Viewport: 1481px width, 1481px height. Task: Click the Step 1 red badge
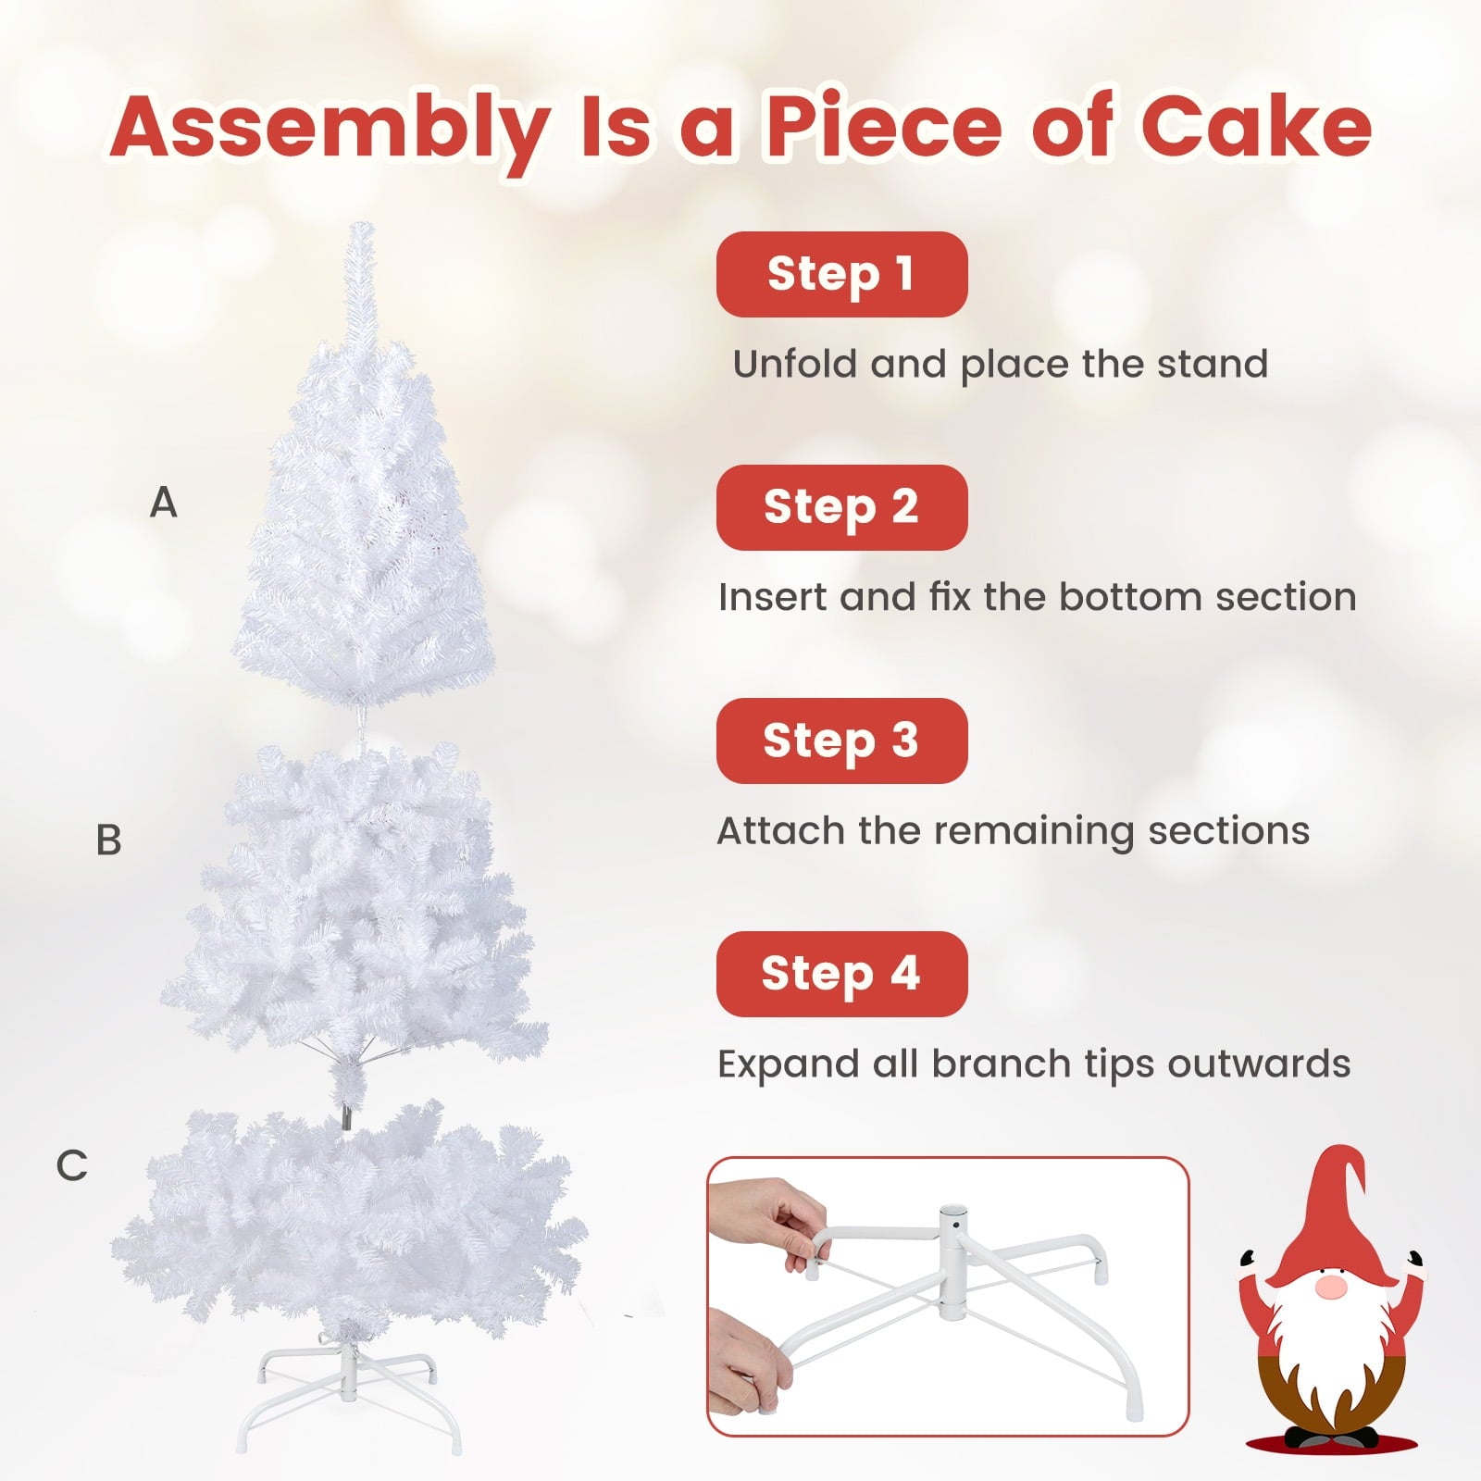841,274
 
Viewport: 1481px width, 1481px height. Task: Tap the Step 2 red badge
841,507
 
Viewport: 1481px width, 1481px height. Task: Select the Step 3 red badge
841,740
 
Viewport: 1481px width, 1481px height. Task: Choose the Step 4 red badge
841,974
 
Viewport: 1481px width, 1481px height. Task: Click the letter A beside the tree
163,503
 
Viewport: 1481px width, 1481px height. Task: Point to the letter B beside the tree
108,840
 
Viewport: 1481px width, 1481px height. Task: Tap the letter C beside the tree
71,1165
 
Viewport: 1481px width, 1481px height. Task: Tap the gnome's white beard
1329,1342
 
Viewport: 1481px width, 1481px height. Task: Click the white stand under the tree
348,1388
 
